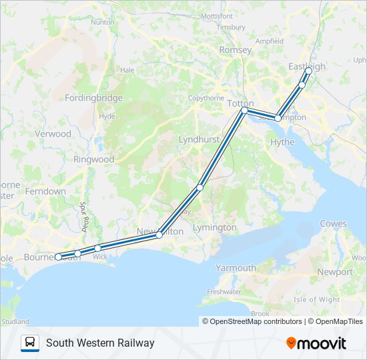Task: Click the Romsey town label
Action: click(236, 50)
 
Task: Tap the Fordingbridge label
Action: click(93, 98)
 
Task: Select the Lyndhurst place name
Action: click(198, 139)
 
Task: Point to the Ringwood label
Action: click(94, 159)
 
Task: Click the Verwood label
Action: click(53, 133)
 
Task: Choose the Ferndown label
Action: click(45, 191)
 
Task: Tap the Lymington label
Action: click(214, 227)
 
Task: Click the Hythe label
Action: click(282, 142)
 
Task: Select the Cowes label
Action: click(333, 223)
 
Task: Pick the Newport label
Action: click(335, 272)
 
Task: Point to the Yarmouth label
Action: click(236, 268)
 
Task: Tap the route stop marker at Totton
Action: click(244, 110)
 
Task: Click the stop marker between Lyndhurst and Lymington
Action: click(200, 188)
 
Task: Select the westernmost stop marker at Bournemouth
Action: click(59, 257)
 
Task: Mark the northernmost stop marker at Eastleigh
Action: click(308, 70)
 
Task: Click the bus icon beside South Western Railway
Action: click(30, 343)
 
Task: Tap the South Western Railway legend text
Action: click(100, 343)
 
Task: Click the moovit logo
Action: click(316, 343)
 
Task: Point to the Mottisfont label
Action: click(217, 15)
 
